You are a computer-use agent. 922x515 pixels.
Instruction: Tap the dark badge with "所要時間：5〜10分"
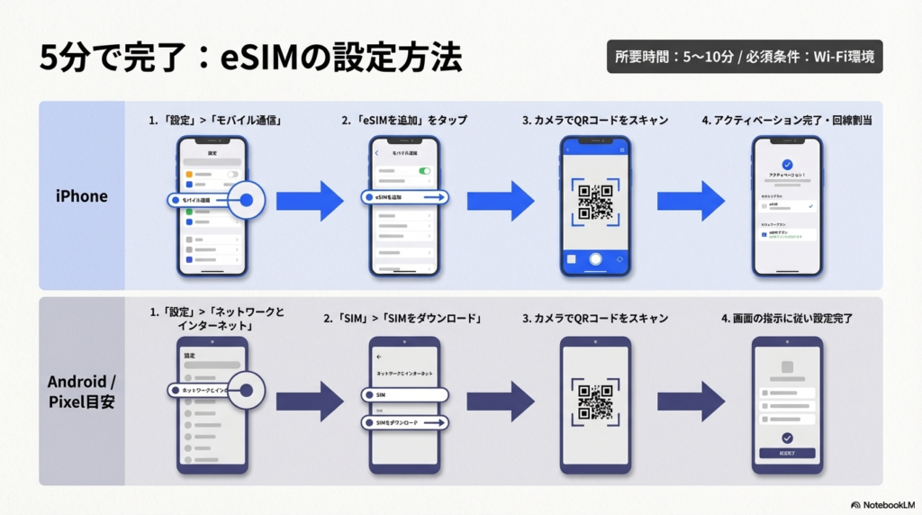click(745, 57)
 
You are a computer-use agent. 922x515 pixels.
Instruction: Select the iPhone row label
click(81, 196)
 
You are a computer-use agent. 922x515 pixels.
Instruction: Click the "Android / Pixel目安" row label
click(81, 390)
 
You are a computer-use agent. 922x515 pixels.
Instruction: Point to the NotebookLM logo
click(881, 505)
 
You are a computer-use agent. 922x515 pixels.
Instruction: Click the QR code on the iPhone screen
click(595, 202)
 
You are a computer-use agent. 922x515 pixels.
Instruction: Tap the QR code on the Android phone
click(595, 402)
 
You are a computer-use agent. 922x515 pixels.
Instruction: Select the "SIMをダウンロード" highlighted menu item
click(404, 421)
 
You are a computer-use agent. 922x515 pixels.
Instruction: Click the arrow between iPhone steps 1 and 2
click(309, 200)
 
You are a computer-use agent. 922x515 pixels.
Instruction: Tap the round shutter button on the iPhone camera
click(595, 258)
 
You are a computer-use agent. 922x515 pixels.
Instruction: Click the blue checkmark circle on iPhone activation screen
click(787, 165)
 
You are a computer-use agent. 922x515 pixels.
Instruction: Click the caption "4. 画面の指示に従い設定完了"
click(787, 319)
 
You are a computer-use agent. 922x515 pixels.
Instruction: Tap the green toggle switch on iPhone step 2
click(424, 170)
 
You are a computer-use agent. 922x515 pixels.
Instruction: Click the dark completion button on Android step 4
click(787, 453)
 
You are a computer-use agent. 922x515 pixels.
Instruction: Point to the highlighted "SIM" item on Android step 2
click(404, 394)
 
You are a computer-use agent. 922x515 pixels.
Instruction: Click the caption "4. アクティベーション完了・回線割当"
click(787, 120)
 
